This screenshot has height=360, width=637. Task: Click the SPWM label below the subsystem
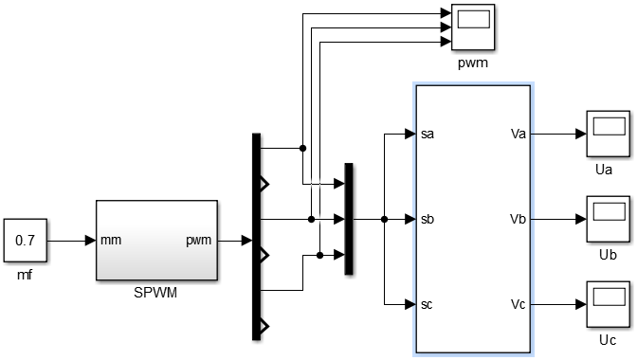[x=156, y=292]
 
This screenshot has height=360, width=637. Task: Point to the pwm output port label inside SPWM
[x=199, y=241]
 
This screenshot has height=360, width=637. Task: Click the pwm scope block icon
[x=471, y=27]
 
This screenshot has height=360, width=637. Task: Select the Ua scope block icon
[x=607, y=134]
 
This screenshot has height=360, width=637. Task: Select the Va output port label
[x=518, y=135]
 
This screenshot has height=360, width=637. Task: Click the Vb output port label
[x=518, y=219]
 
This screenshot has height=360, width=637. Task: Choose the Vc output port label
[x=518, y=304]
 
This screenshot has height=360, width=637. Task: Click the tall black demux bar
[x=256, y=236]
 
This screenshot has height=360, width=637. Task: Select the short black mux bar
[x=349, y=219]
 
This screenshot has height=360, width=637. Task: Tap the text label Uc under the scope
[x=607, y=339]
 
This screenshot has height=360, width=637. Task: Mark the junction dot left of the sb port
[x=384, y=219]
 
